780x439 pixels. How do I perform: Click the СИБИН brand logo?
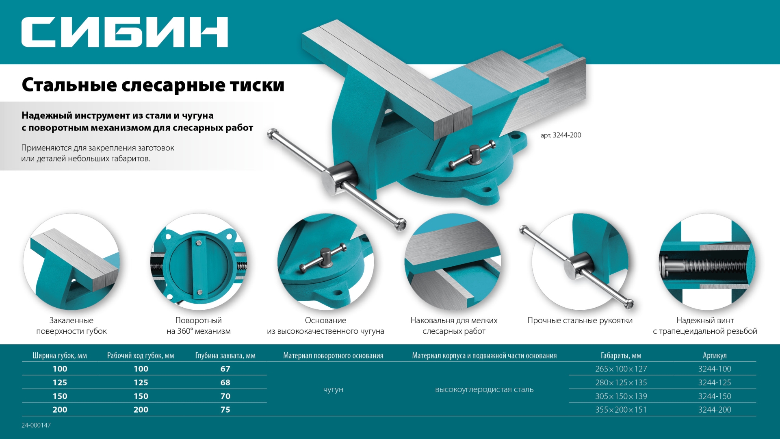click(124, 32)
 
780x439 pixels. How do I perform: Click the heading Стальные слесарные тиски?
click(153, 85)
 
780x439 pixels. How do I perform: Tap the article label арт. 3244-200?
click(561, 135)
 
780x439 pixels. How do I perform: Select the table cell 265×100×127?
click(621, 369)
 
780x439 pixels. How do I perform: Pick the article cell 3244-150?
click(714, 396)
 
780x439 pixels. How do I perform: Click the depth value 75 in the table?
click(225, 410)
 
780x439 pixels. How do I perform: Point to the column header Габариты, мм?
click(621, 356)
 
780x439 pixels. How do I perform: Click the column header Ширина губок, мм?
click(60, 356)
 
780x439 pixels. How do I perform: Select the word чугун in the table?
click(333, 389)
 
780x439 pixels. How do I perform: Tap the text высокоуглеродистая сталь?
click(484, 389)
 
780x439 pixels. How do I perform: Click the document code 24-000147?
click(36, 425)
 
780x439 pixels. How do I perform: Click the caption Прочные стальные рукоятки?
click(580, 320)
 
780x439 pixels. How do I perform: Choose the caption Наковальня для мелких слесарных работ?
click(454, 326)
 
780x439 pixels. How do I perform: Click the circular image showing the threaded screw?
click(706, 262)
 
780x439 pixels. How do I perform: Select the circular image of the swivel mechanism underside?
click(199, 262)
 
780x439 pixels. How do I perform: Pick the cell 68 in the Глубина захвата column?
click(225, 382)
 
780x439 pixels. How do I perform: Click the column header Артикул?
click(714, 356)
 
